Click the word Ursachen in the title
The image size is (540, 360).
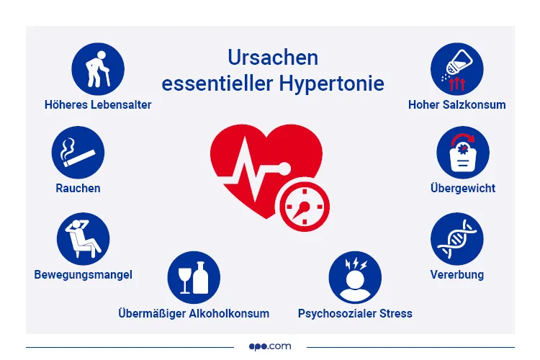273,58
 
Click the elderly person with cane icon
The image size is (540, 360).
98,69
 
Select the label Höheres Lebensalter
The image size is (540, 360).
98,104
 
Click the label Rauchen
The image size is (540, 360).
78,189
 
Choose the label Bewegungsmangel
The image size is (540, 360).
84,274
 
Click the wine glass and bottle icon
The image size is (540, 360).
194,277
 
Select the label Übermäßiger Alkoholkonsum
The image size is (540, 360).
194,313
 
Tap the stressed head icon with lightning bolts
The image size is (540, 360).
355,277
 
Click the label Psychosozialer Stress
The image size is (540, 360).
355,313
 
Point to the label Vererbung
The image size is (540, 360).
456,274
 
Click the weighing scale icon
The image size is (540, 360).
463,153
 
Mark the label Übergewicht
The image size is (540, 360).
463,189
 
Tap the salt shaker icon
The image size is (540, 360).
456,69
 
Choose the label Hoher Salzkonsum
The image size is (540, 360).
456,104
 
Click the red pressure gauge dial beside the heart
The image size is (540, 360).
302,206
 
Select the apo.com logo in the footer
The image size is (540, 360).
271,346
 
